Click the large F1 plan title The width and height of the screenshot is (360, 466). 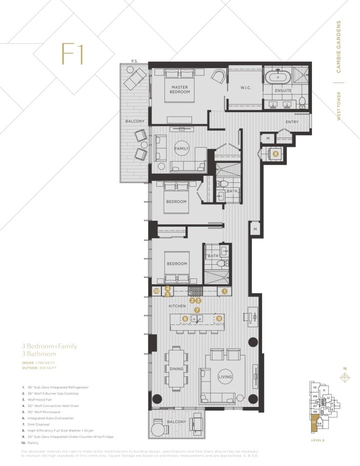72,54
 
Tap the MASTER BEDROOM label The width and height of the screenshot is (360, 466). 179,90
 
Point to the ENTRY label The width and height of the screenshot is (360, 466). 292,122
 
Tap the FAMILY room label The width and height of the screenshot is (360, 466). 181,149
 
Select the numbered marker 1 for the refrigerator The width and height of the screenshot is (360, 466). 224,290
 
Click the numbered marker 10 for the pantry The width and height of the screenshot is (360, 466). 156,290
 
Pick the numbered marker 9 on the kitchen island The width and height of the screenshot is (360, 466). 218,318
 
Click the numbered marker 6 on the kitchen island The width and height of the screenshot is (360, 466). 185,318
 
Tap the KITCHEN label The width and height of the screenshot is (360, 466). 177,306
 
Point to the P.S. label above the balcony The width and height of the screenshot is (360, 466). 134,61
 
